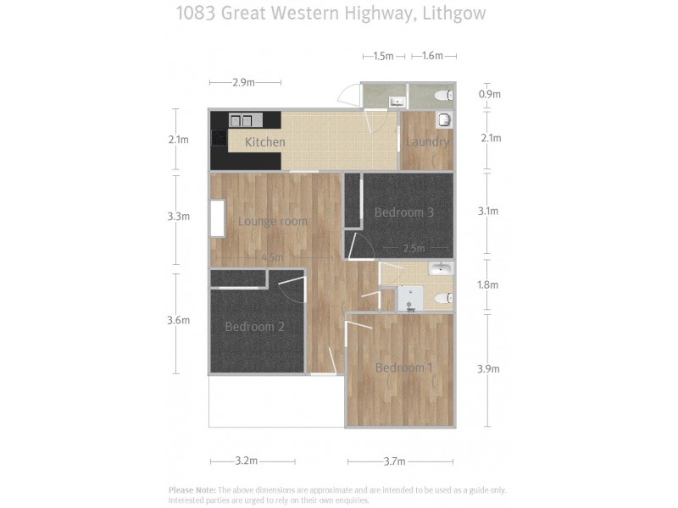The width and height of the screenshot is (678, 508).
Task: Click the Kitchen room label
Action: click(x=264, y=142)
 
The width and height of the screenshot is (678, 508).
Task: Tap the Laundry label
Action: click(x=426, y=141)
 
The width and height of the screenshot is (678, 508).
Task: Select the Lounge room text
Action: click(x=272, y=222)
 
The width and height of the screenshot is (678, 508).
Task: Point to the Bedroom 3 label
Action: click(x=404, y=213)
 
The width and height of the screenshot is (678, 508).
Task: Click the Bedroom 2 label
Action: click(x=254, y=327)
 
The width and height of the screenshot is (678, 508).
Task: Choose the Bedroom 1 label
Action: click(x=404, y=367)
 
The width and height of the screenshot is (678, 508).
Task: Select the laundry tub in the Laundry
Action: click(x=444, y=119)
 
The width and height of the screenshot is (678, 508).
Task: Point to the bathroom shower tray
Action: click(x=409, y=297)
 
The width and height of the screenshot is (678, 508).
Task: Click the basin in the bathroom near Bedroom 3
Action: click(x=441, y=269)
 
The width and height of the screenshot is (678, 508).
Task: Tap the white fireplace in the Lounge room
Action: click(x=218, y=218)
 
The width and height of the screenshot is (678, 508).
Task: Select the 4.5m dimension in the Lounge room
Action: click(x=271, y=257)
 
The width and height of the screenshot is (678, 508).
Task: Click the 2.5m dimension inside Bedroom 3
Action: click(x=414, y=249)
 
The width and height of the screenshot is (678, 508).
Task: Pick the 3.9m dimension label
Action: click(x=489, y=369)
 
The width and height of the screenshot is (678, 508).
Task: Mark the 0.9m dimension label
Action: click(x=489, y=95)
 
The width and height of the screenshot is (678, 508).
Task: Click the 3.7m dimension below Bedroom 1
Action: click(x=394, y=461)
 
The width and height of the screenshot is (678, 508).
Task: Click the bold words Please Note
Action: click(x=192, y=490)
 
